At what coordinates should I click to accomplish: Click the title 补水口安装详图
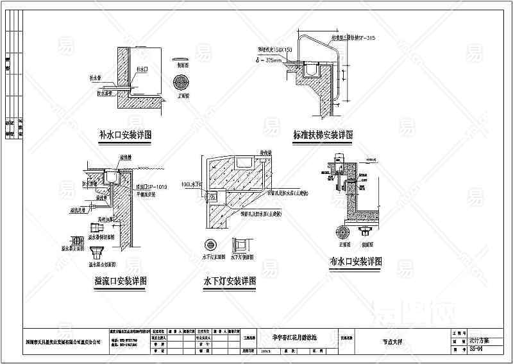pos(124,135)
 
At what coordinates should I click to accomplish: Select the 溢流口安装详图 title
pos(121,281)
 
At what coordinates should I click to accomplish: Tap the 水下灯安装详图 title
pos(230,281)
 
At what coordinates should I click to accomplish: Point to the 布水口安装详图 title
pos(355,262)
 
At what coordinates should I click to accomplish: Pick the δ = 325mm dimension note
pos(269,62)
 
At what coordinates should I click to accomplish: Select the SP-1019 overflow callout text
pos(153,186)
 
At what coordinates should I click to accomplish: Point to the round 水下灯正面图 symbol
pos(209,245)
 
